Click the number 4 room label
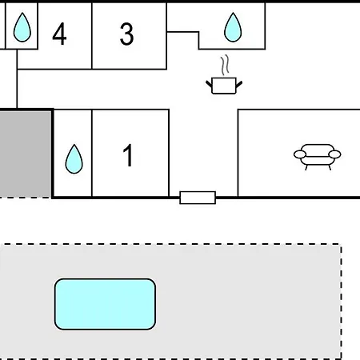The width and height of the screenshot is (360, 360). [x=59, y=34]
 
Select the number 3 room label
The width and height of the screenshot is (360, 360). [x=126, y=34]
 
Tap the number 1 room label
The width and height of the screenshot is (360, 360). [x=128, y=154]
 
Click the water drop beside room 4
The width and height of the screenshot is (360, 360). [x=22, y=27]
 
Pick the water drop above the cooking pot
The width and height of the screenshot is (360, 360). [x=233, y=27]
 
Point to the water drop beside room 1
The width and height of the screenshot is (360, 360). [x=74, y=159]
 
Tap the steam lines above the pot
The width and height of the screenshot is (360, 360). [x=225, y=65]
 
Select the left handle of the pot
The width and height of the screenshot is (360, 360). [x=209, y=84]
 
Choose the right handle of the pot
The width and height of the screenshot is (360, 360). [x=239, y=84]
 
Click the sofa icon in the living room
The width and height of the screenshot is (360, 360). [x=317, y=157]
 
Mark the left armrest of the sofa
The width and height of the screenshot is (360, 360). [x=300, y=154]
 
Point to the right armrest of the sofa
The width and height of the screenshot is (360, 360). [x=334, y=154]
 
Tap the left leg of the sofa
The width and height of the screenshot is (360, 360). [x=306, y=167]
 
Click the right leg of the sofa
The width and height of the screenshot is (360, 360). [x=330, y=167]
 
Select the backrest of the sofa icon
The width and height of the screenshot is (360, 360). [x=318, y=148]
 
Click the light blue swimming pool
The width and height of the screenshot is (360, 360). [x=105, y=304]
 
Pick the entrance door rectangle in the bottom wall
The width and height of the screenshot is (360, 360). [x=198, y=198]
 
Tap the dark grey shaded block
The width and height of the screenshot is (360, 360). [x=26, y=154]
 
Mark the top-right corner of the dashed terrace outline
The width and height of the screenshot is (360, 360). [x=341, y=244]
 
